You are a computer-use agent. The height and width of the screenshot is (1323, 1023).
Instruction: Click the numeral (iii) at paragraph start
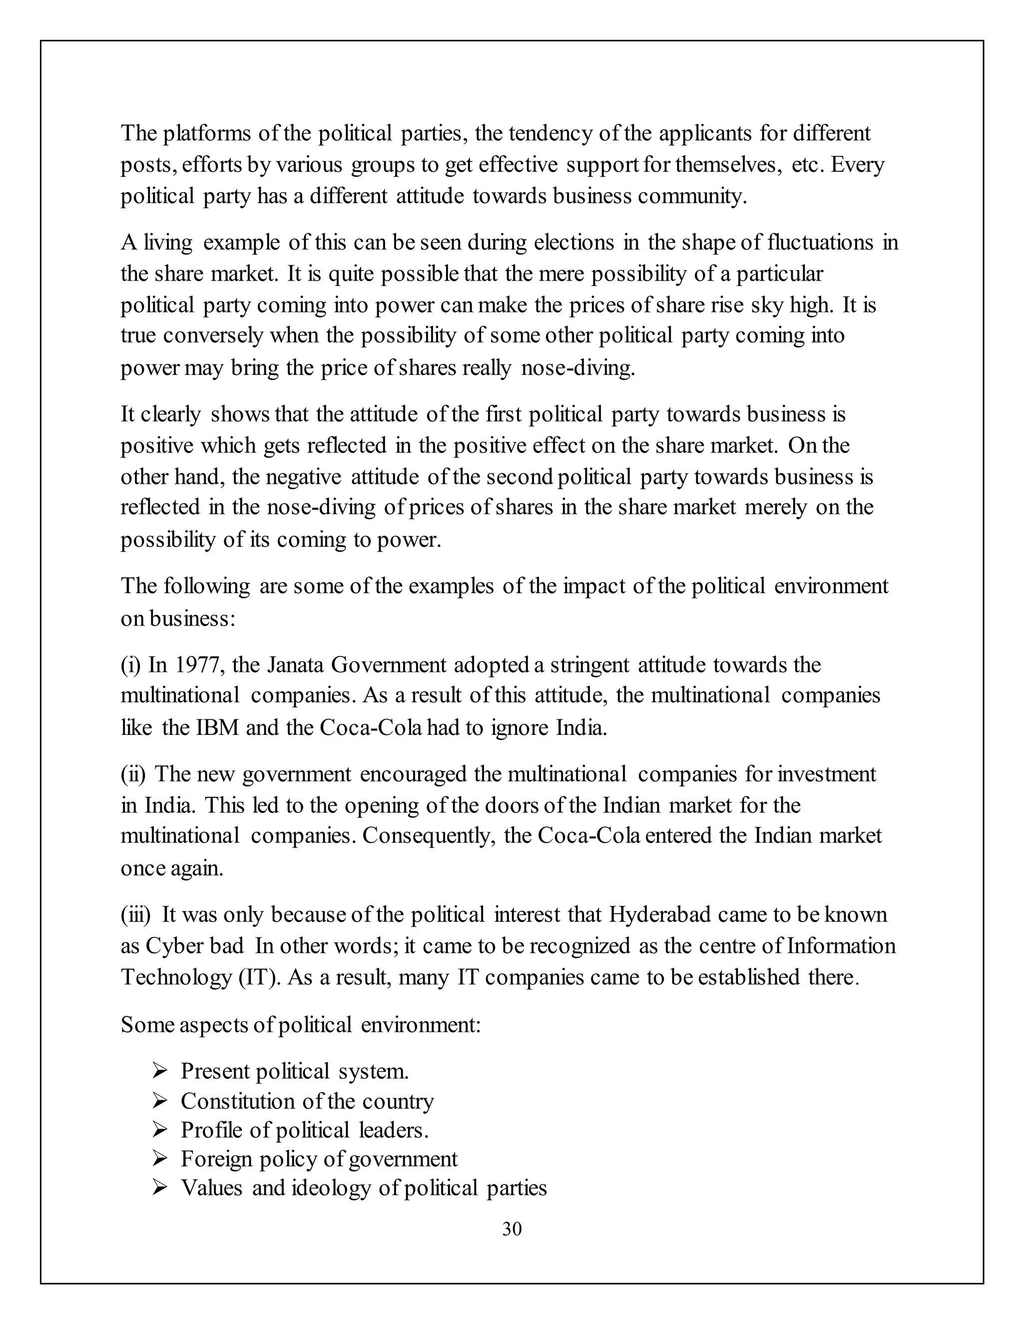135,914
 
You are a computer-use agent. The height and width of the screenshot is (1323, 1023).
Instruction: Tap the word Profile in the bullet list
207,1130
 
